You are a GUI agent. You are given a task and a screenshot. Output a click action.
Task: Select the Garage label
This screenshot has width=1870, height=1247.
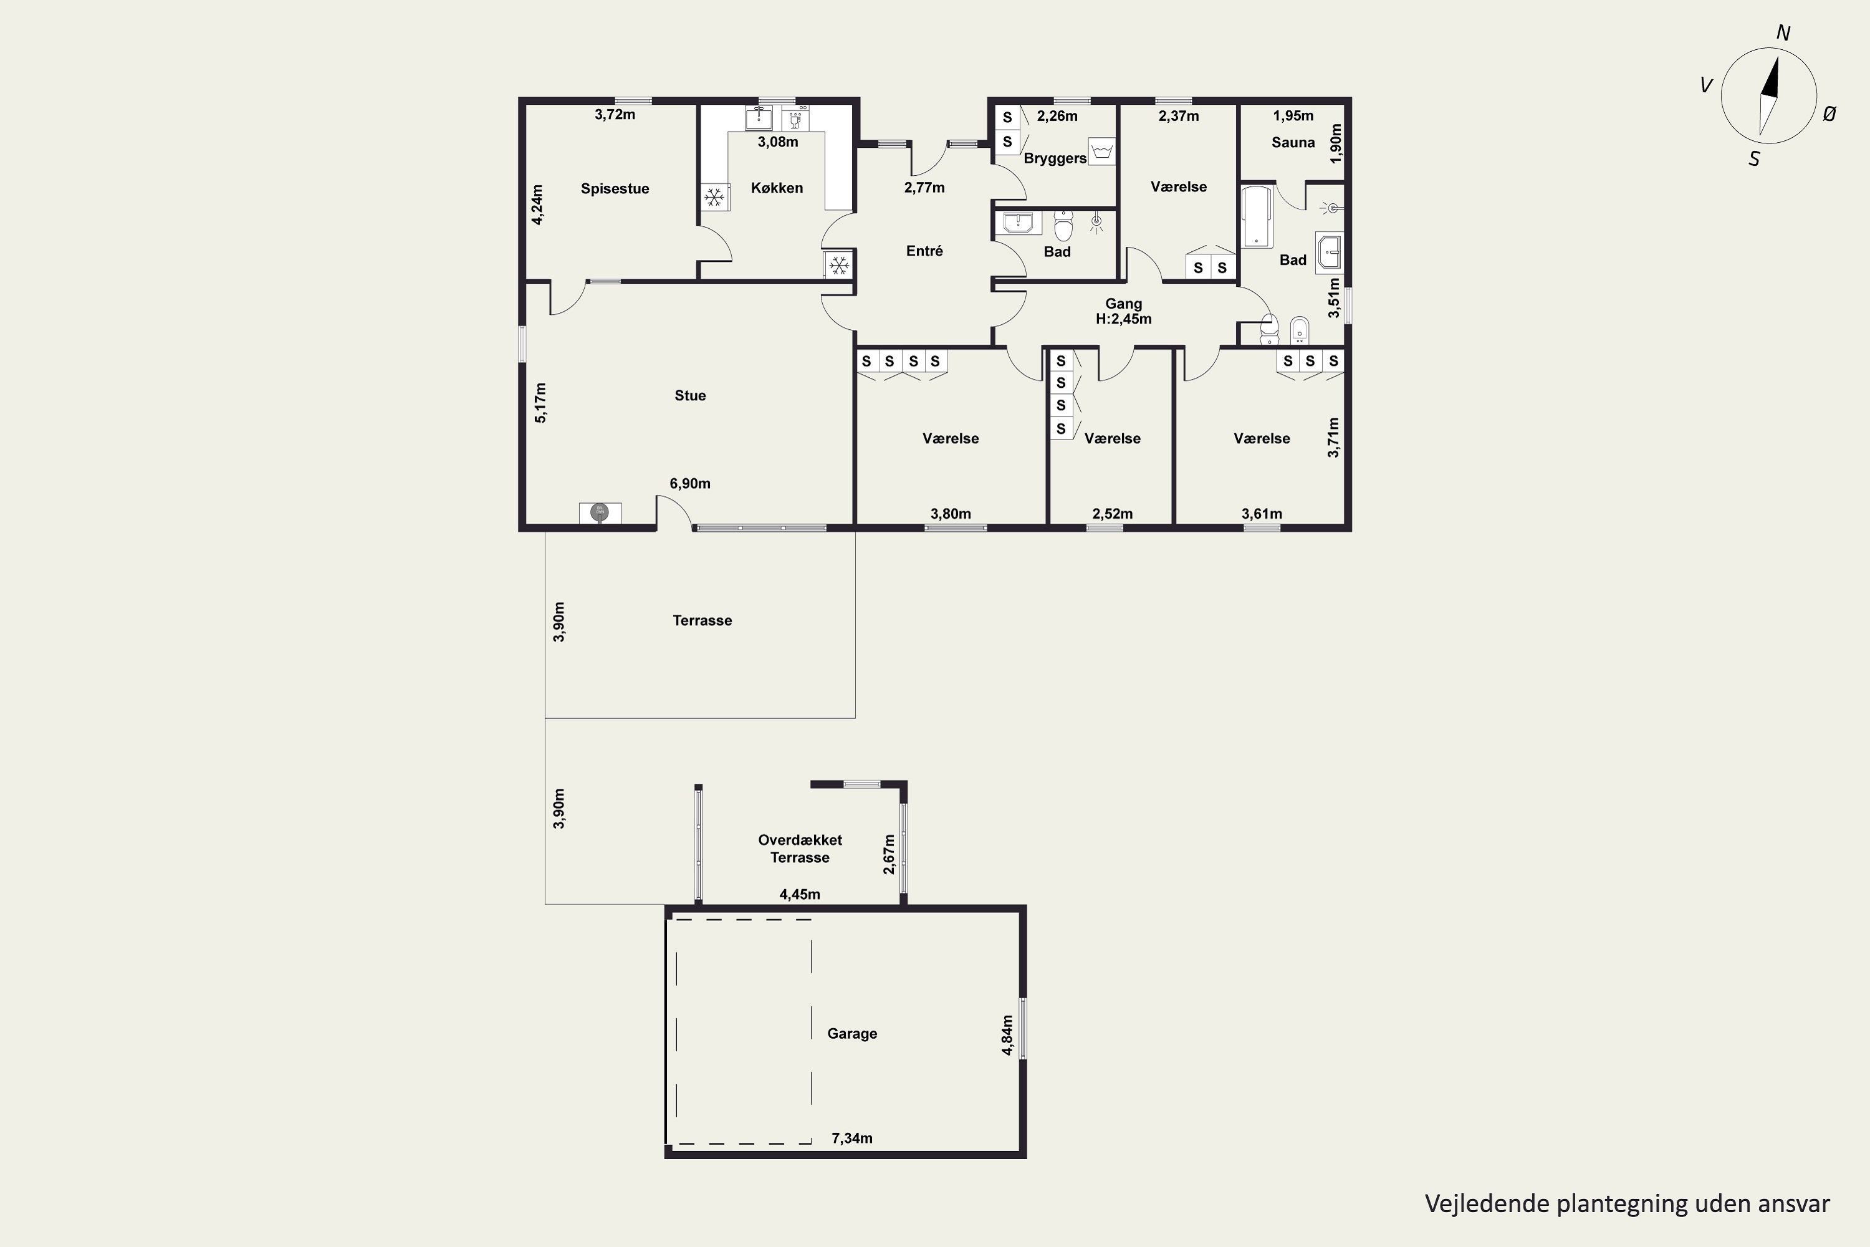[x=852, y=1034]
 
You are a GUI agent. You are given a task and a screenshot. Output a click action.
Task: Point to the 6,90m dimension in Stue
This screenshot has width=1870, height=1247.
[x=690, y=484]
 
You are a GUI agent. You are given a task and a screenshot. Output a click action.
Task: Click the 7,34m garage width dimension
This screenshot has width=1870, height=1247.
[x=851, y=1138]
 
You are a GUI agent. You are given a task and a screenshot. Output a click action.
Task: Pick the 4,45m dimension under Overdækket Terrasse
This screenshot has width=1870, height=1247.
[x=800, y=894]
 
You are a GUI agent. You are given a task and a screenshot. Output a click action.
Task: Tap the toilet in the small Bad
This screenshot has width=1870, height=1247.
[x=1063, y=226]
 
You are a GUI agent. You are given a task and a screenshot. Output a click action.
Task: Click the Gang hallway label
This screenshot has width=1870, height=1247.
[x=1123, y=304]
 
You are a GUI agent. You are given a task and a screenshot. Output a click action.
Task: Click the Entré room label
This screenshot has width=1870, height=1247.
[x=924, y=251]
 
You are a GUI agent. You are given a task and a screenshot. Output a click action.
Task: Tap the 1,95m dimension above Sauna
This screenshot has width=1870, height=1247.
[x=1293, y=116]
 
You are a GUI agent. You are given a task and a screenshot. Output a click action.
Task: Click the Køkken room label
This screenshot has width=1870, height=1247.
[x=777, y=188]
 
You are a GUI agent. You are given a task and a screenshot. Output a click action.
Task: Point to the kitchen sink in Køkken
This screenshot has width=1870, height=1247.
[x=759, y=118]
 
